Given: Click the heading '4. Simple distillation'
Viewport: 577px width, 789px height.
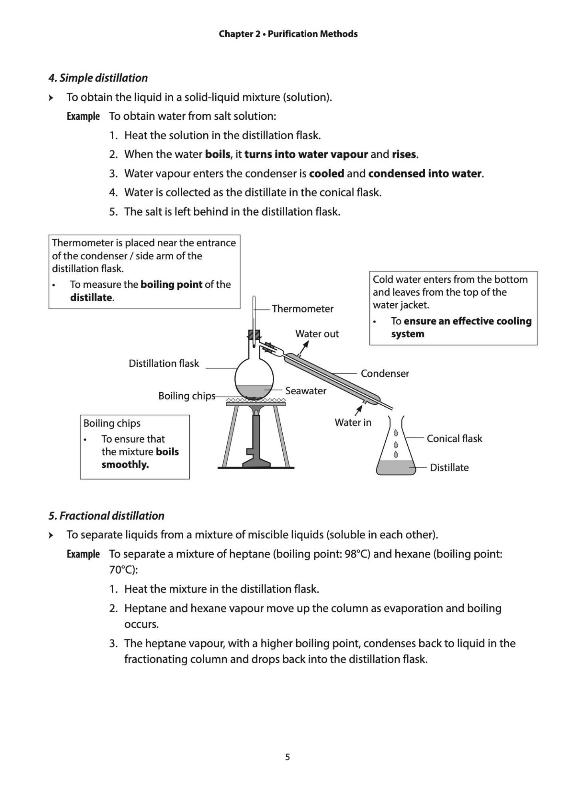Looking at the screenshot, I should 98,78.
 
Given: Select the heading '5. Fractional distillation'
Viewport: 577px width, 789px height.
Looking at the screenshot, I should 106,516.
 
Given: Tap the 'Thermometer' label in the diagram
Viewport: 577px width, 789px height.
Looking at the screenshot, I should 302,308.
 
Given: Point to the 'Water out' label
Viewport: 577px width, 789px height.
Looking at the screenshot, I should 317,334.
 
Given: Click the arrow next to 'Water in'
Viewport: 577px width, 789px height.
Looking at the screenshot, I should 359,409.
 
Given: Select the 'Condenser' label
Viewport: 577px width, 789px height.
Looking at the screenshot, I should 385,374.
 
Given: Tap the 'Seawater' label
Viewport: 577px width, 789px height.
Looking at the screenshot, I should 305,391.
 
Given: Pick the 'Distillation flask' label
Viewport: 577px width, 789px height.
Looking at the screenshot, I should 164,364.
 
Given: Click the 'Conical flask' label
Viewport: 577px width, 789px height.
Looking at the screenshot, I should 454,439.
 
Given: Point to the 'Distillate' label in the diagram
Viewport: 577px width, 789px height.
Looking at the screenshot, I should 449,467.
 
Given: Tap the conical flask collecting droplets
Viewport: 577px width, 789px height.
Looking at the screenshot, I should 395,451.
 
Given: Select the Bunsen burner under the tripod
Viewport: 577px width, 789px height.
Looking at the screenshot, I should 256,443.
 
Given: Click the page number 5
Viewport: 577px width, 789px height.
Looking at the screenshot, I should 288,757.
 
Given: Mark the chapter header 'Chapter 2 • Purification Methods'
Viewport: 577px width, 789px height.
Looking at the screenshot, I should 288,34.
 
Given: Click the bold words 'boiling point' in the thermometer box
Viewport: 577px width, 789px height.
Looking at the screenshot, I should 171,285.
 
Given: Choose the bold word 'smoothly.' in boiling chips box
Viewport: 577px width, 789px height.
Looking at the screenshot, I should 125,465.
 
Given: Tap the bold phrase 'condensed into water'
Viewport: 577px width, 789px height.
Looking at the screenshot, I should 424,174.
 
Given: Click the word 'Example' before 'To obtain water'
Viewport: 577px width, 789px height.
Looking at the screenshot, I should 83,117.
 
